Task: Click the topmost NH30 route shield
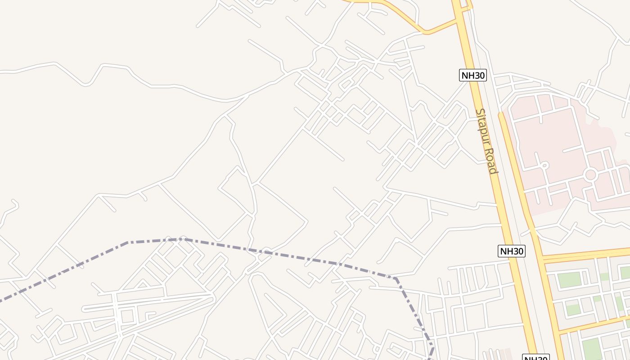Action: [x=473, y=75]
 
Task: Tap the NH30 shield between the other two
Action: [x=512, y=251]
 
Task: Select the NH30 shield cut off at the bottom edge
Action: [x=535, y=358]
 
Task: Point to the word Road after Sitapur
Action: [x=491, y=161]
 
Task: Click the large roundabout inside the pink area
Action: [x=590, y=175]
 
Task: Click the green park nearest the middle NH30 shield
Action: [x=569, y=279]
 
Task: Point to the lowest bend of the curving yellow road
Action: [x=425, y=32]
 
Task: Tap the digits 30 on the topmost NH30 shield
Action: [x=479, y=75]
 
